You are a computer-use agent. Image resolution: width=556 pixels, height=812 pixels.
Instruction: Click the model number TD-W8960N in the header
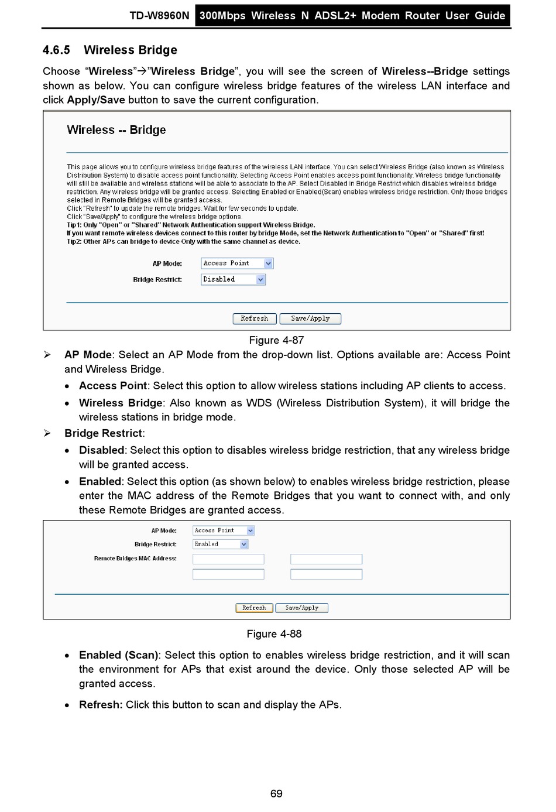[159, 16]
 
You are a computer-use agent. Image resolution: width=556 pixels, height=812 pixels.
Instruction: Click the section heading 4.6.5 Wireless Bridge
[110, 50]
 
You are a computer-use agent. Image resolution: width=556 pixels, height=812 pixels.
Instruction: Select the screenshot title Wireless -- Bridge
[116, 130]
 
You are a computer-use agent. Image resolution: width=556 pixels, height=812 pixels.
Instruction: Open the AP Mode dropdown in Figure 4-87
[237, 263]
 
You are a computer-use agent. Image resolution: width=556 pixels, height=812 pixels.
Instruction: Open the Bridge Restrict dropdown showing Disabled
[234, 280]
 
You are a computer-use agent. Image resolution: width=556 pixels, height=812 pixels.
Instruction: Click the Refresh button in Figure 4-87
[255, 318]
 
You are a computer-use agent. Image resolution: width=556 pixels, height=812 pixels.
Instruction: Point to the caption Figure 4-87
[276, 340]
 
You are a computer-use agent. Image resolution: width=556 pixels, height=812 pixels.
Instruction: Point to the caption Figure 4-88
[274, 634]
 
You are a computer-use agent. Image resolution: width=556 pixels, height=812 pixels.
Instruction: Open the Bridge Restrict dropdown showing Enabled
[221, 544]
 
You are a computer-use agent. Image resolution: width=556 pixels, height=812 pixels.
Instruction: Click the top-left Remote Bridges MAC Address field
[228, 559]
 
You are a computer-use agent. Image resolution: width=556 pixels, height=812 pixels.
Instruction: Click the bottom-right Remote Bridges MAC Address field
[326, 574]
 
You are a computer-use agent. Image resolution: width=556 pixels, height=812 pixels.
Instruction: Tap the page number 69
[276, 794]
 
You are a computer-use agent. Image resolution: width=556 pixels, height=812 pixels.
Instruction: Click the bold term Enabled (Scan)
[119, 655]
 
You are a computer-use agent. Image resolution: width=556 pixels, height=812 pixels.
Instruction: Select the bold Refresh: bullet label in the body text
[101, 705]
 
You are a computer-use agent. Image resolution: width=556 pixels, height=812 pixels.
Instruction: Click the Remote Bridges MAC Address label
[135, 559]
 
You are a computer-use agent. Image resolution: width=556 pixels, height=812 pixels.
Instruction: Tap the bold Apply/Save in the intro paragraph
[96, 100]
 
